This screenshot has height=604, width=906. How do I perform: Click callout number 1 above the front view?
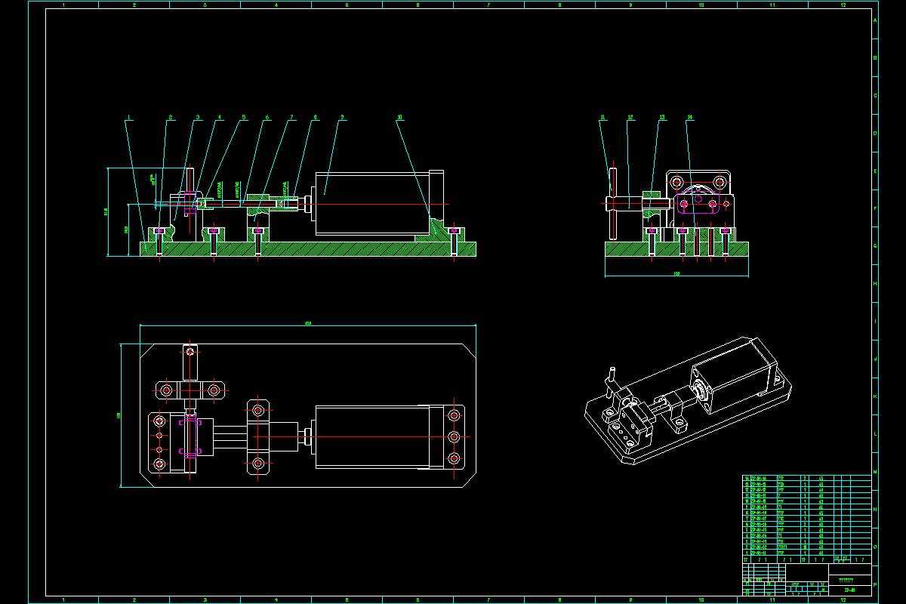point(130,117)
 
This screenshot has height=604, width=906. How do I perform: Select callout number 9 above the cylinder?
point(342,117)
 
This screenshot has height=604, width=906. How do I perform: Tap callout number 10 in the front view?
point(399,117)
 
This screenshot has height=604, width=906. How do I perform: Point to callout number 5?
point(244,117)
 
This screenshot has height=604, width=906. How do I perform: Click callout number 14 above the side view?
point(689,117)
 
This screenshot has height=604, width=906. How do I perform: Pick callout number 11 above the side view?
point(602,117)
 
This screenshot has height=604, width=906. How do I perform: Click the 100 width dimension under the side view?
point(676,274)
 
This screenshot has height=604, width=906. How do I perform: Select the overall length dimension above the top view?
point(307,322)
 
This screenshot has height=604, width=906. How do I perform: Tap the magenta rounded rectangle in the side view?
point(698,202)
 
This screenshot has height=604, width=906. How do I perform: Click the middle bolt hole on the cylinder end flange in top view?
point(454,436)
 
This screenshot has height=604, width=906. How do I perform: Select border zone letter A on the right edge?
point(875,20)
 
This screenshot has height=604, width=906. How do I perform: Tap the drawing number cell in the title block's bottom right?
point(850,590)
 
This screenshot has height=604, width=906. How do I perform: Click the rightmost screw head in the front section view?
point(453,231)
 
